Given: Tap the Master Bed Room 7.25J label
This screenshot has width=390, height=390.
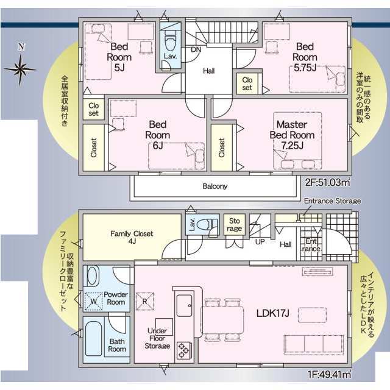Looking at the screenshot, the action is (x=292, y=135).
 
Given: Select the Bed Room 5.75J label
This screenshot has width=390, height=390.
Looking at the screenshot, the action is (x=305, y=57).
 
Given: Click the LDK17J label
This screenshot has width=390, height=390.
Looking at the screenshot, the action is (x=272, y=313).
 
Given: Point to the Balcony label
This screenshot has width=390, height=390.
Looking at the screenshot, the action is (x=215, y=186).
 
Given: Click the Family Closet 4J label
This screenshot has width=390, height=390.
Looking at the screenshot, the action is (x=132, y=237).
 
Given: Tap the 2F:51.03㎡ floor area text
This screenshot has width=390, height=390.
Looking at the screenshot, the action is (x=328, y=183).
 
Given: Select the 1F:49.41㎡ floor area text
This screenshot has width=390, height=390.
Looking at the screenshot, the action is (x=330, y=374).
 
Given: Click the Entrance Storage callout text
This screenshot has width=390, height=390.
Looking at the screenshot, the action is (x=332, y=200).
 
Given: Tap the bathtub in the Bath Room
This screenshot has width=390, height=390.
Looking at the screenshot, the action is (x=93, y=339).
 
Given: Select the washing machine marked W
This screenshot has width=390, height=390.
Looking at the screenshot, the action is (x=93, y=301).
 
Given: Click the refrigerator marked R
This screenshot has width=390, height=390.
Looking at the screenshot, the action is (x=145, y=301).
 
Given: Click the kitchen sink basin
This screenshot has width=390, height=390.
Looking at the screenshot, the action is (x=184, y=305).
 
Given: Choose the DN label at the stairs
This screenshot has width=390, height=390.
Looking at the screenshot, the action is (x=196, y=49).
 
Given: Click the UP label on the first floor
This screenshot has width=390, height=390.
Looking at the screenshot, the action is (x=260, y=241).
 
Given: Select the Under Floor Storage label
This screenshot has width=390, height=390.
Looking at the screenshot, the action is (x=157, y=338).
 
